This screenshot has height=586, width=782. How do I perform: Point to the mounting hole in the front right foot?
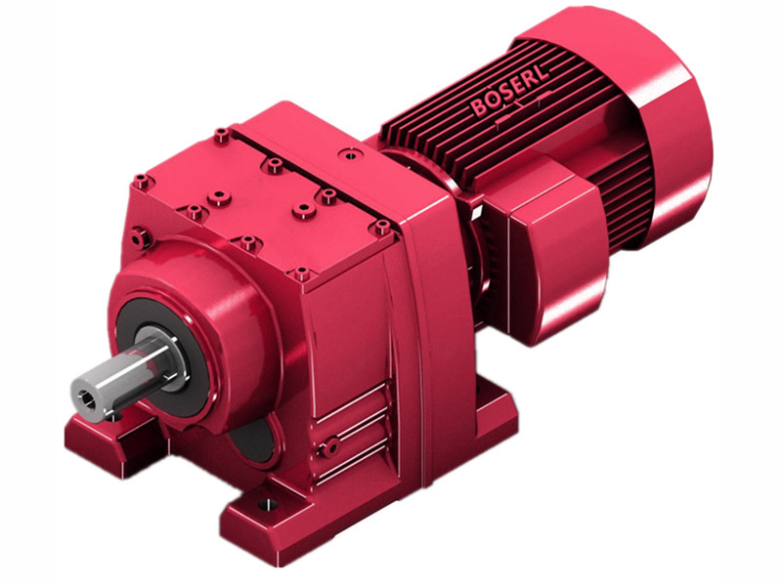265,505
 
